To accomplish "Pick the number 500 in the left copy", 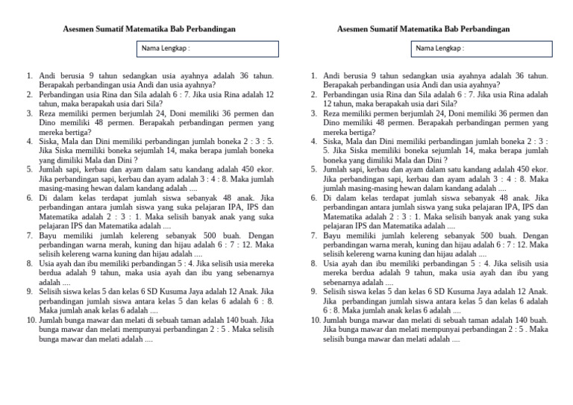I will (x=192, y=235).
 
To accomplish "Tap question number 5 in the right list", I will (x=315, y=169).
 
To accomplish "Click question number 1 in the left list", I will (x=28, y=75).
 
